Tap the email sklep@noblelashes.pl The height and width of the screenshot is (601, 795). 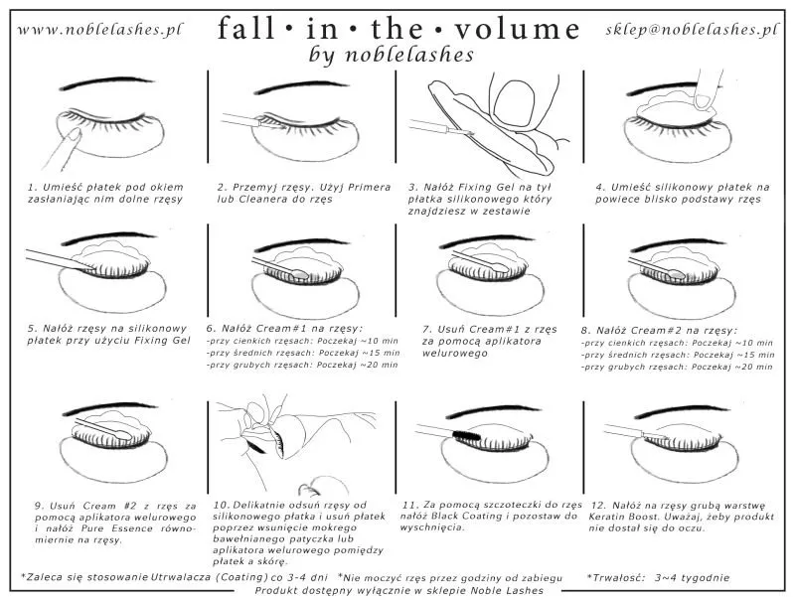(692, 29)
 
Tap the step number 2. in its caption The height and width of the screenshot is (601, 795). (223, 186)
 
